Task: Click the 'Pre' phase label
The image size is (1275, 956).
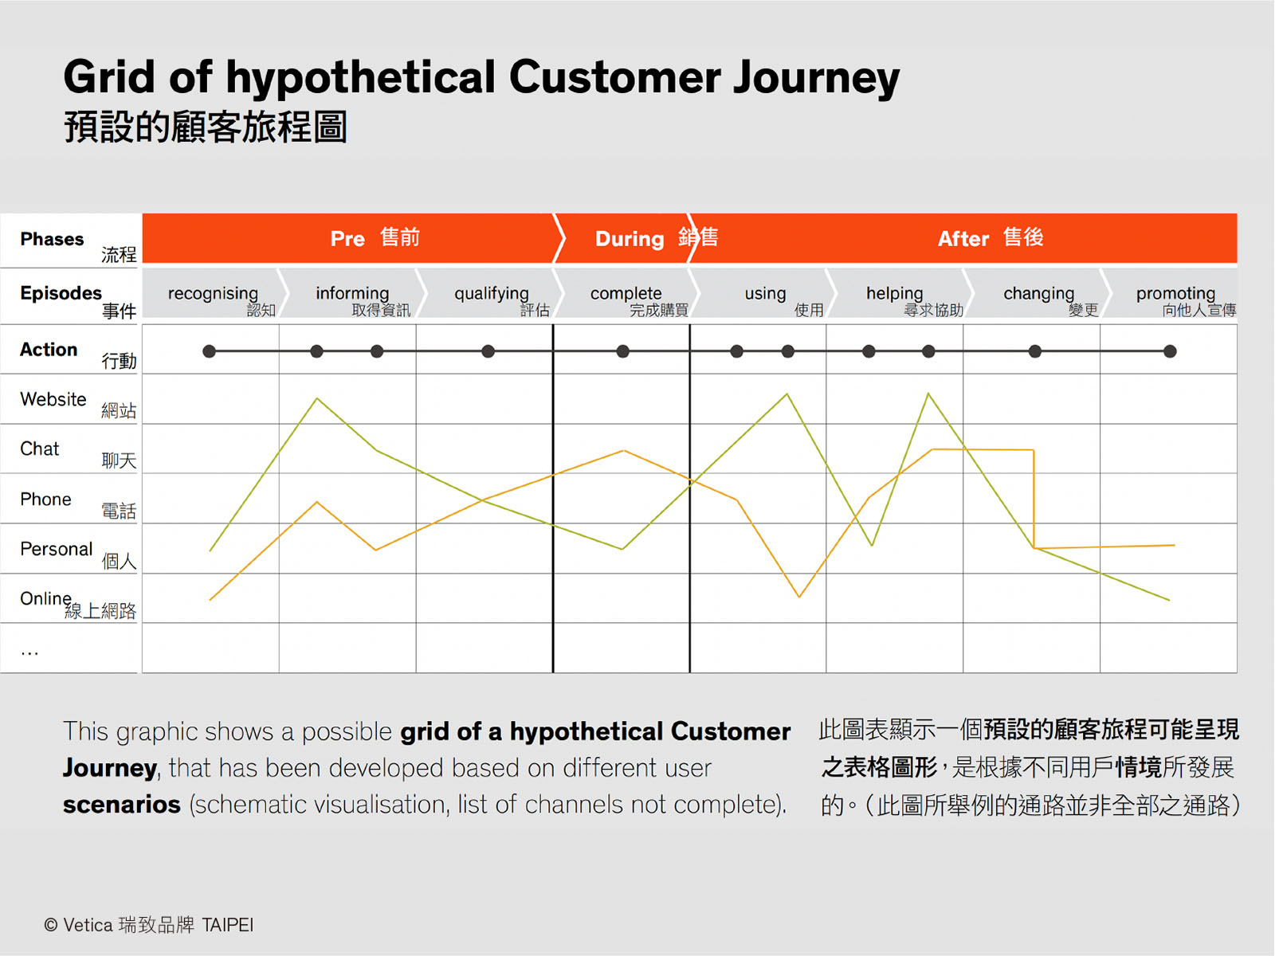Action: (347, 238)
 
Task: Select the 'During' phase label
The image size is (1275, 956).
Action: (629, 239)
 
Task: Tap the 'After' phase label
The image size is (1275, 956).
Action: (963, 238)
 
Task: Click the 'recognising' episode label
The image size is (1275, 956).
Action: (213, 294)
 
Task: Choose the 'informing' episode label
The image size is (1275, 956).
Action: (352, 294)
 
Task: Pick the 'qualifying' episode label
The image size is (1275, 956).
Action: (492, 294)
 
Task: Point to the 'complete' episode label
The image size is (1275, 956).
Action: (626, 294)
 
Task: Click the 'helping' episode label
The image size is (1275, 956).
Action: (895, 294)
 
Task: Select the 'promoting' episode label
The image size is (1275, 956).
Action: (1175, 294)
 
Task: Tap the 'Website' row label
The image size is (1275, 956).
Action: (53, 399)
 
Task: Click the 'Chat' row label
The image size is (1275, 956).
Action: (40, 449)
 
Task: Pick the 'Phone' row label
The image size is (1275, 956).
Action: (45, 500)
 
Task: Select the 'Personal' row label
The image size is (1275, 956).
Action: (57, 549)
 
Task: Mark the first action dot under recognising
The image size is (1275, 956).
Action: (209, 351)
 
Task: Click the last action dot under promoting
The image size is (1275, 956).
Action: (1170, 351)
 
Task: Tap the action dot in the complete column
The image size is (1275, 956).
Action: (622, 351)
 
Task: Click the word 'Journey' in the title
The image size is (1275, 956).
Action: (816, 78)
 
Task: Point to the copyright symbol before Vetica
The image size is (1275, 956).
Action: (50, 925)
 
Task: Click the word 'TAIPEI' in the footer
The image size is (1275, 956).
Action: (227, 925)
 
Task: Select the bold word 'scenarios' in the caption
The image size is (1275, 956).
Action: (122, 805)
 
